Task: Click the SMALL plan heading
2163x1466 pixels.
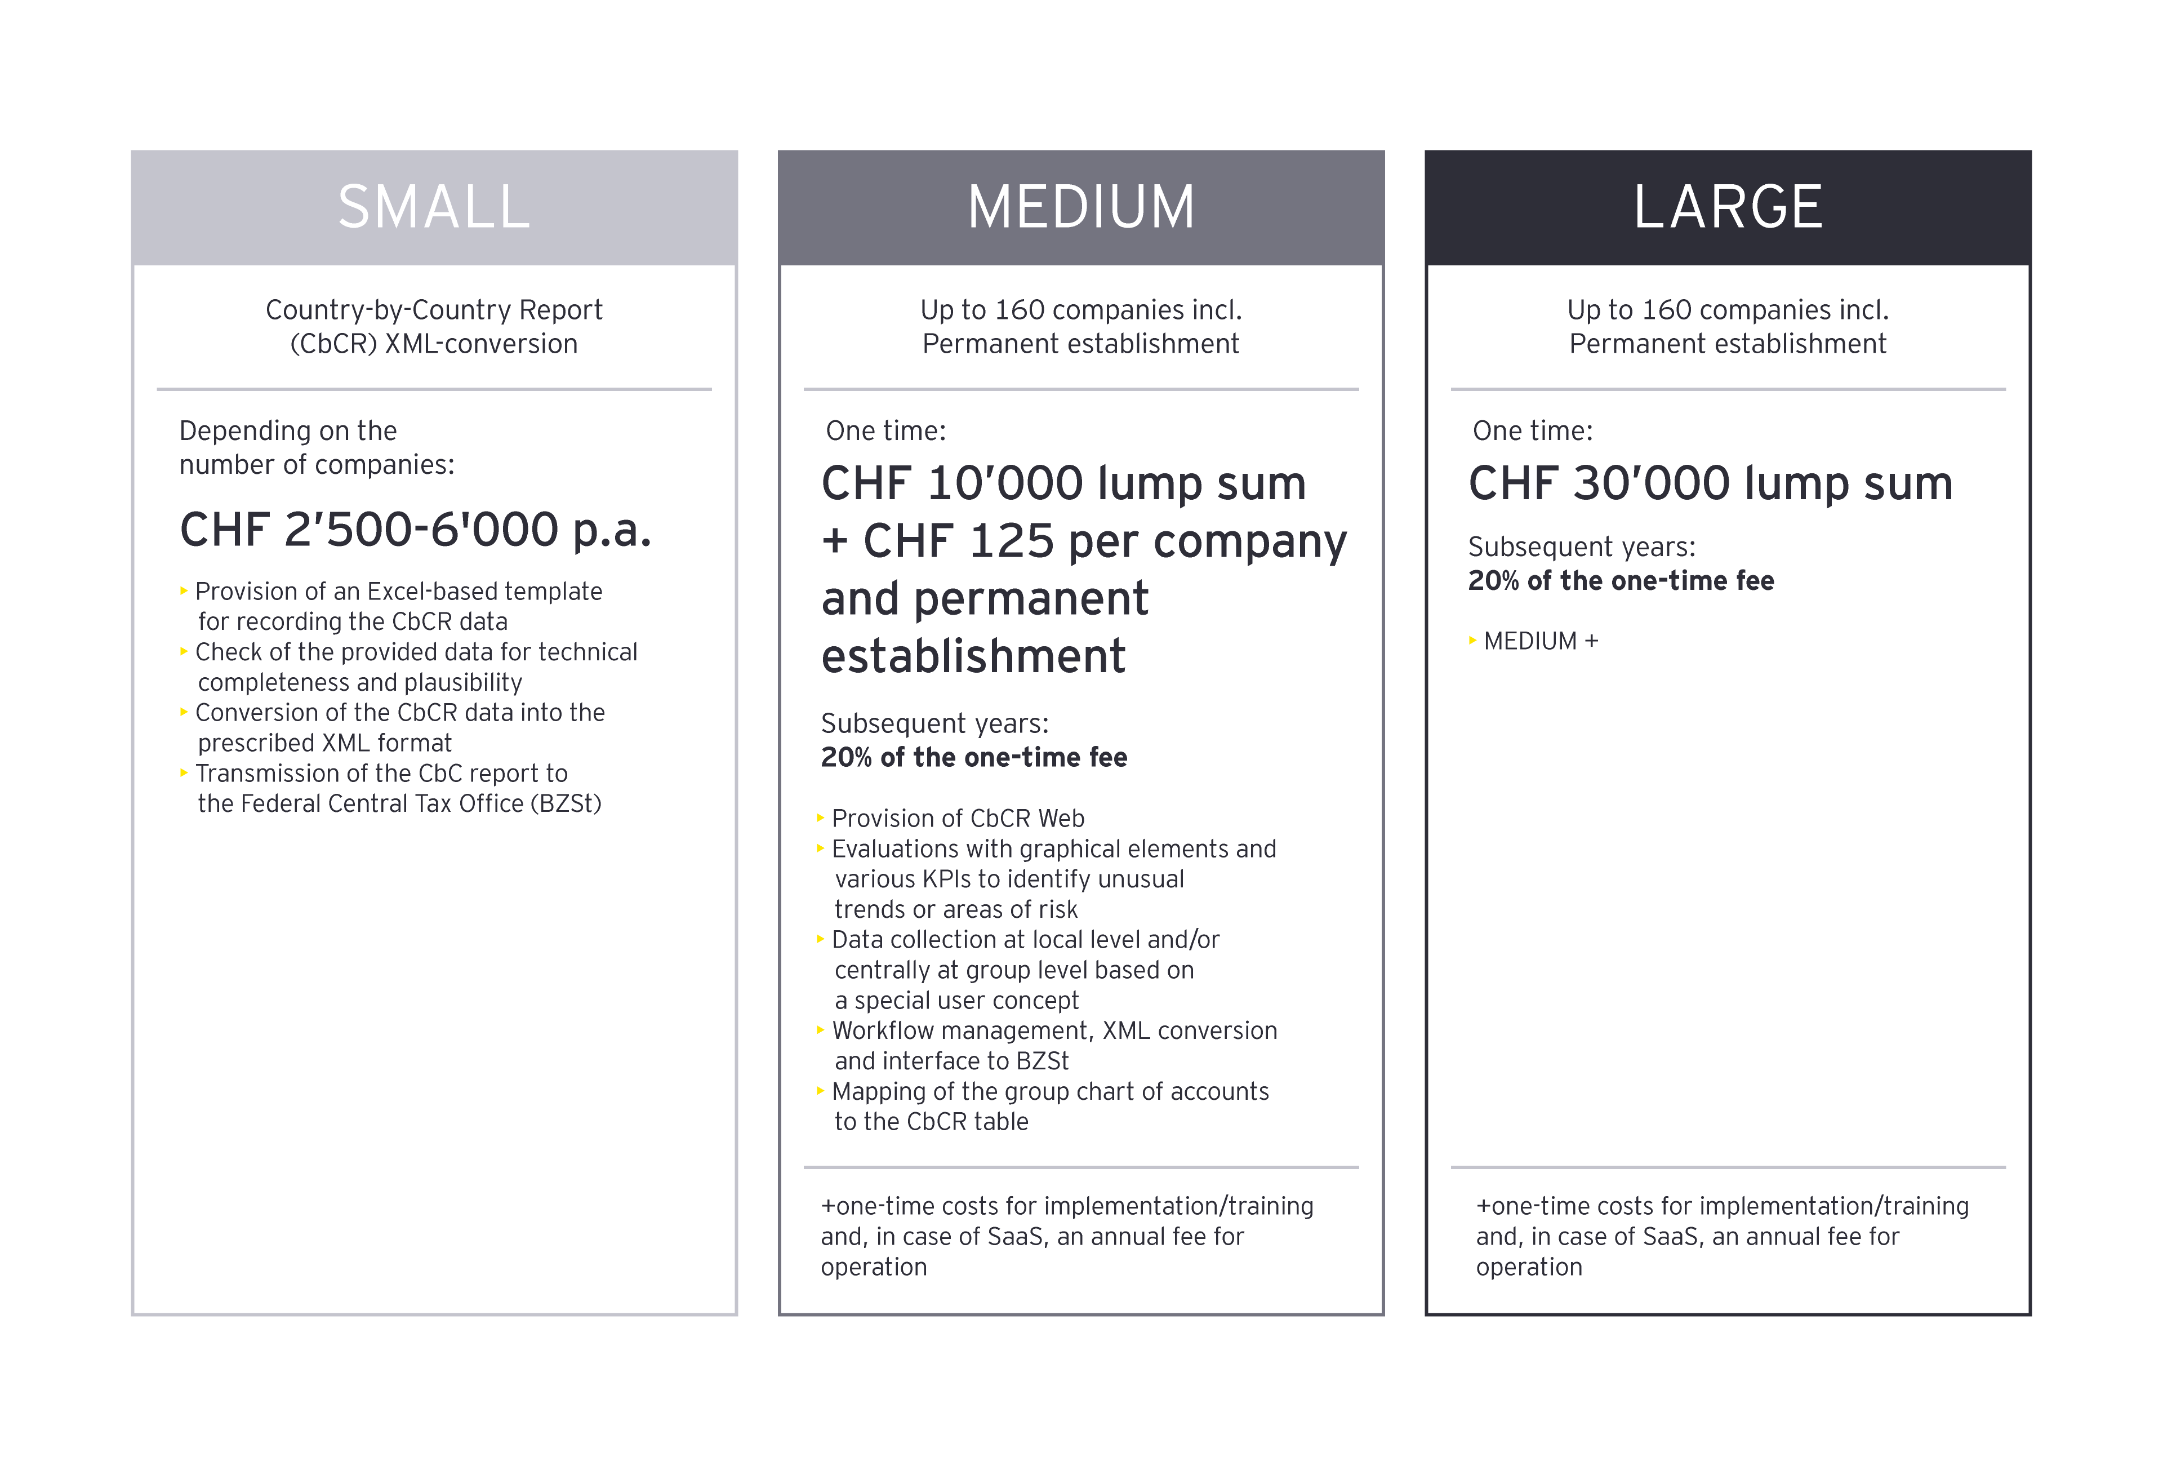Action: coord(434,207)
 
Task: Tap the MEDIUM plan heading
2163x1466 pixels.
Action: coord(1080,207)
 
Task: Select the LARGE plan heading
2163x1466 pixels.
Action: coord(1728,207)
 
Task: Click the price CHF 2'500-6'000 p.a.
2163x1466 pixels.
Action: coord(415,530)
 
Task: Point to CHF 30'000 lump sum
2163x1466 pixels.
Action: coord(1710,483)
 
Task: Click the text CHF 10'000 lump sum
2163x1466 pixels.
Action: coord(1063,483)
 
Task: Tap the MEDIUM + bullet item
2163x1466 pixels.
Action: coord(1541,641)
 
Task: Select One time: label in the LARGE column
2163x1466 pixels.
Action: coord(1532,431)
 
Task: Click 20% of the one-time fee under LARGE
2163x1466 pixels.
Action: coord(1621,581)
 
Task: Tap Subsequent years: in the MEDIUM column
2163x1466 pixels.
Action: coord(934,723)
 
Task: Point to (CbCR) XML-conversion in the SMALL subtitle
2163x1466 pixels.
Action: coord(434,344)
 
